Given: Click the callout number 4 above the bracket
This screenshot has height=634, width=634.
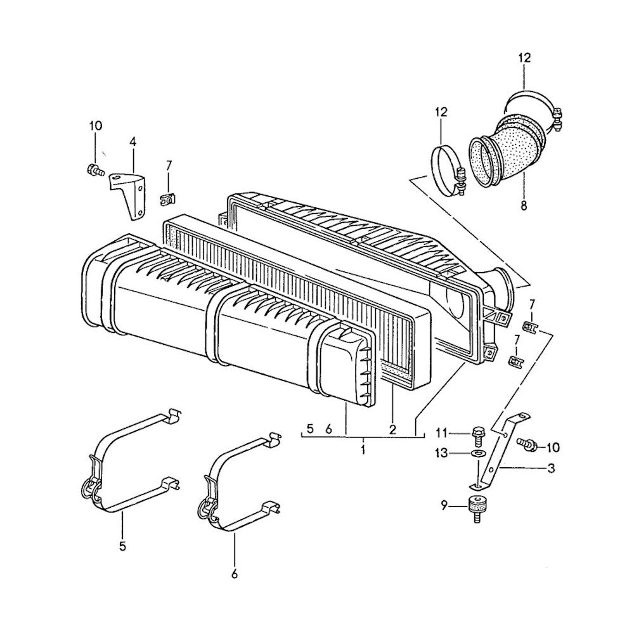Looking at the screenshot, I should click(133, 142).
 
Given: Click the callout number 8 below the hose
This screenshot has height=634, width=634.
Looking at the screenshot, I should click(524, 205).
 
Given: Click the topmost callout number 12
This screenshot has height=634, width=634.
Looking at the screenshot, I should click(524, 57).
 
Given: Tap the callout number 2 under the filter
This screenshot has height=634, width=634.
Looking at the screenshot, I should click(392, 429).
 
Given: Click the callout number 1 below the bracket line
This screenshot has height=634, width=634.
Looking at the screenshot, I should click(363, 450).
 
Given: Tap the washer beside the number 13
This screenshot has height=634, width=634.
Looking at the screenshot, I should click(475, 454).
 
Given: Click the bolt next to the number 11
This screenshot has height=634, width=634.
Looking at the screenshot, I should click(478, 434).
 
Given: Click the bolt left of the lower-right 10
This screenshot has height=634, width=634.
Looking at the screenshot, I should click(526, 444).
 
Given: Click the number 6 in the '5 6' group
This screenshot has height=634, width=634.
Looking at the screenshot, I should click(328, 429).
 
